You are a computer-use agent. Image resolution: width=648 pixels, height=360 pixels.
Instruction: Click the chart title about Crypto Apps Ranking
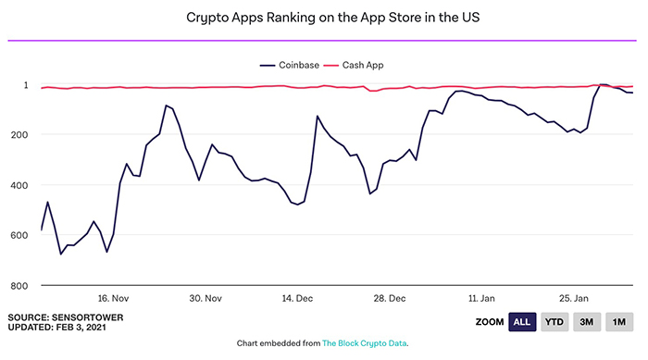click(323, 19)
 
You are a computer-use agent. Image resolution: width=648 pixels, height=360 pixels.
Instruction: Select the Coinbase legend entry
click(289, 66)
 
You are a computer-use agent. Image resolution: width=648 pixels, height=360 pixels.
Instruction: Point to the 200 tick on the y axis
click(19, 134)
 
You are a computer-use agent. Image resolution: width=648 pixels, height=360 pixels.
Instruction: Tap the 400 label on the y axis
click(19, 185)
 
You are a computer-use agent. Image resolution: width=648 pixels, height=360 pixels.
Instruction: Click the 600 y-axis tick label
click(19, 235)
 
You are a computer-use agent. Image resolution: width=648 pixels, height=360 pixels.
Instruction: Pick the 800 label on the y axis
click(19, 285)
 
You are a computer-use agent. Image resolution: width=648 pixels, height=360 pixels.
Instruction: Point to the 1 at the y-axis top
click(25, 84)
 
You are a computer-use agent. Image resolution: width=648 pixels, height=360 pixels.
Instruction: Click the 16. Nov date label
click(114, 299)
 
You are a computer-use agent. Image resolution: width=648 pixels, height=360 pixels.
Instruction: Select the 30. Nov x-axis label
click(206, 299)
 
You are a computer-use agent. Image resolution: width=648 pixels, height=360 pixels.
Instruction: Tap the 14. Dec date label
click(298, 299)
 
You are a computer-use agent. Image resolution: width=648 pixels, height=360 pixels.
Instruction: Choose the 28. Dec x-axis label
click(390, 299)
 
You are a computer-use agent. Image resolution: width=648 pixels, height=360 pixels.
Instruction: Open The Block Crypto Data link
click(364, 343)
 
